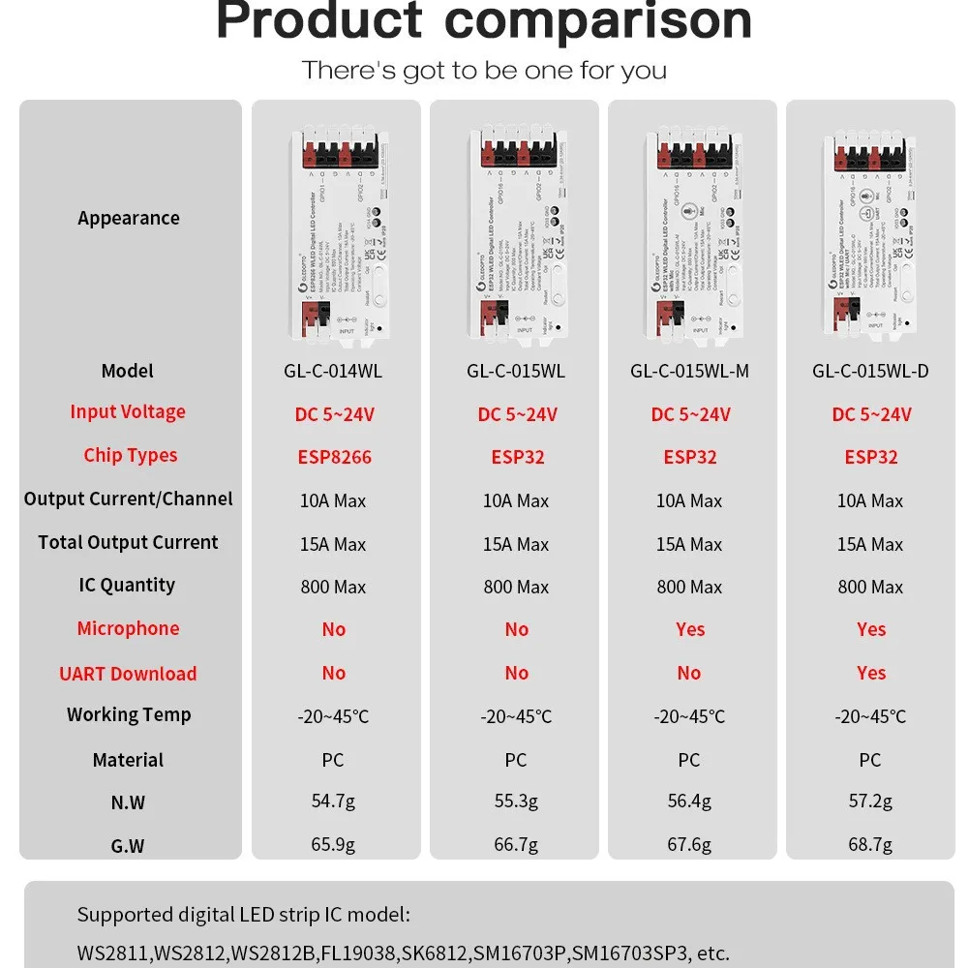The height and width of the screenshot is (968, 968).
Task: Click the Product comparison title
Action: pyautogui.click(x=483, y=21)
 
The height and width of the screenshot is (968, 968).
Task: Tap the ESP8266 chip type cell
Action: pyautogui.click(x=334, y=457)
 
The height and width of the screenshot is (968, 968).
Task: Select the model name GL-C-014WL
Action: pyautogui.click(x=334, y=371)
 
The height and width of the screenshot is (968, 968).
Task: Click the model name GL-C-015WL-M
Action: pyautogui.click(x=689, y=371)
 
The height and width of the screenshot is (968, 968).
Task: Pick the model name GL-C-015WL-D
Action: pyautogui.click(x=870, y=371)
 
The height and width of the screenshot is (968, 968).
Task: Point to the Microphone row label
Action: pyautogui.click(x=129, y=628)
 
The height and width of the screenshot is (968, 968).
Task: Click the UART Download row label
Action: pyautogui.click(x=128, y=674)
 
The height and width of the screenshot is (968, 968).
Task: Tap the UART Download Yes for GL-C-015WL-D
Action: pyautogui.click(x=871, y=673)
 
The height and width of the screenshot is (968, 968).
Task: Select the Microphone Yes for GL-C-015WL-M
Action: pyautogui.click(x=690, y=629)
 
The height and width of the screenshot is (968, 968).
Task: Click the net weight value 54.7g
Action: pyautogui.click(x=334, y=801)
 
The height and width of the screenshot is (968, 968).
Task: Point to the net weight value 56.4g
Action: pyautogui.click(x=689, y=801)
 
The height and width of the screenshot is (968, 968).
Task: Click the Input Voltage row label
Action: pyautogui.click(x=128, y=411)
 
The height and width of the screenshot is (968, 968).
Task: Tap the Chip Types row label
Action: pyautogui.click(x=130, y=455)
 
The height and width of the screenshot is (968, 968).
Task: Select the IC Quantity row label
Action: pyautogui.click(x=128, y=585)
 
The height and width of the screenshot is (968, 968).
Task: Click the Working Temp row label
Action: pyautogui.click(x=129, y=714)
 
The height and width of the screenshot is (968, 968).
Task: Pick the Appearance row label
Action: pyautogui.click(x=129, y=218)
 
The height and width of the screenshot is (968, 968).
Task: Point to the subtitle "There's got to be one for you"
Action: pyautogui.click(x=483, y=71)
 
